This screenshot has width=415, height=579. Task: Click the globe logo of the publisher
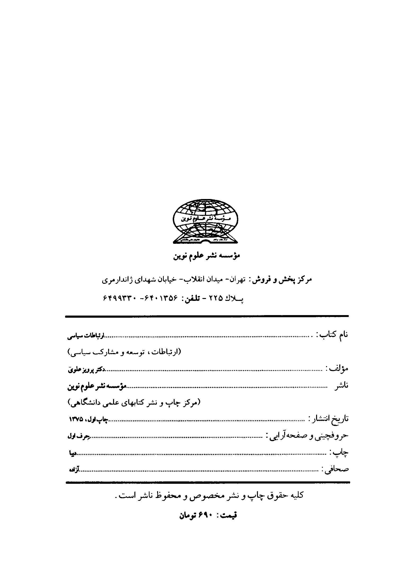tap(205, 221)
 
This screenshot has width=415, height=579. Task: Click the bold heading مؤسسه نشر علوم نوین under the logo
tap(207, 256)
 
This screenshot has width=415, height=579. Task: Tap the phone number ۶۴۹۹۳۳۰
tap(119, 298)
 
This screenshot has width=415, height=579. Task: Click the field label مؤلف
tap(337, 368)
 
